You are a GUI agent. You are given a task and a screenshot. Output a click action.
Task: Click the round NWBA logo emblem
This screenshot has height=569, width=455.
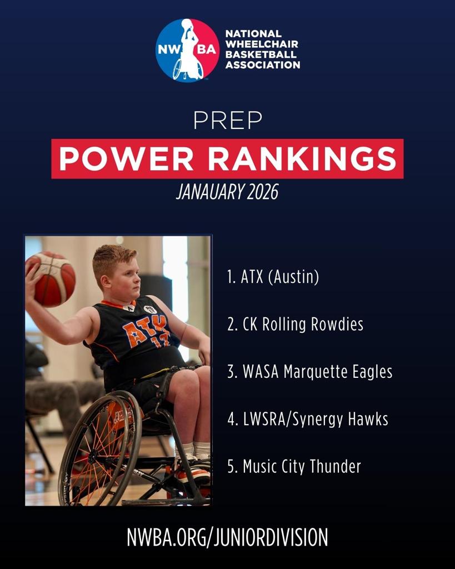(187, 50)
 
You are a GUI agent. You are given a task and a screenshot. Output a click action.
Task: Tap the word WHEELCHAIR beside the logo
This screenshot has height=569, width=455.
(262, 44)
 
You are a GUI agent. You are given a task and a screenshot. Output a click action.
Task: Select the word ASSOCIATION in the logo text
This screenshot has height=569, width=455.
(263, 65)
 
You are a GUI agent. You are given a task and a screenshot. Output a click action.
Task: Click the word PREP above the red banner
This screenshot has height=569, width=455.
(228, 121)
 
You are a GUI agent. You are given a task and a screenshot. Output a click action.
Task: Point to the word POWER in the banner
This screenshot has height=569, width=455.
(126, 159)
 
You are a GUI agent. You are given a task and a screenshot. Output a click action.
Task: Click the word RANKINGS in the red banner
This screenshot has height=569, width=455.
(302, 159)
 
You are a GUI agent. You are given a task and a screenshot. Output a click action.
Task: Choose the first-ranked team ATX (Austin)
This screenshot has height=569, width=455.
(273, 277)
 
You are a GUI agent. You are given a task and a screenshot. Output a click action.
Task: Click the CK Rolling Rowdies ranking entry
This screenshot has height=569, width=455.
(296, 325)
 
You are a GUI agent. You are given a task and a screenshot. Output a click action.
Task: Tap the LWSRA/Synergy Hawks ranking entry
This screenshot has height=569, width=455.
(308, 420)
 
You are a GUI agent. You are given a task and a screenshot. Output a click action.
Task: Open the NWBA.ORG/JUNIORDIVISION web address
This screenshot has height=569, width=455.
(228, 537)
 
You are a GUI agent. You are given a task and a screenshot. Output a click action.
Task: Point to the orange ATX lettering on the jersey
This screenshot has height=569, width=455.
(144, 329)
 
